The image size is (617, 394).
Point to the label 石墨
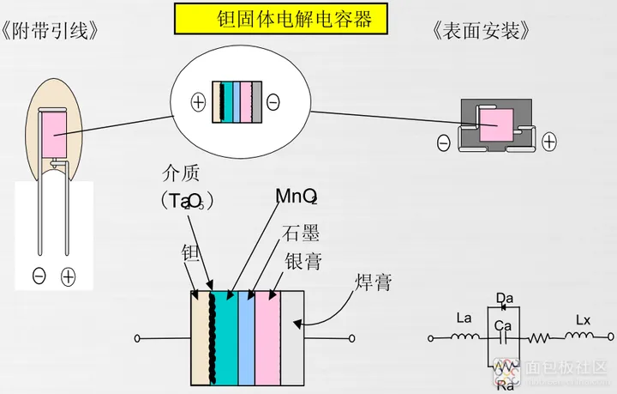point(302,232)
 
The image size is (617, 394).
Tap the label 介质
point(181,173)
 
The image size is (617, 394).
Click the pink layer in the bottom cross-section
point(268,334)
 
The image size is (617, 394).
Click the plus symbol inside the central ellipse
point(198,102)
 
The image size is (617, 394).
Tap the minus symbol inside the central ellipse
point(273,102)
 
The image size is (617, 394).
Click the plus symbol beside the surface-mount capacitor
point(548,141)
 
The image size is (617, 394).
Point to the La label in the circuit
point(464,318)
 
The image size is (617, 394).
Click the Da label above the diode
point(505,298)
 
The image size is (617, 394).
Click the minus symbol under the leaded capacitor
point(39,276)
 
